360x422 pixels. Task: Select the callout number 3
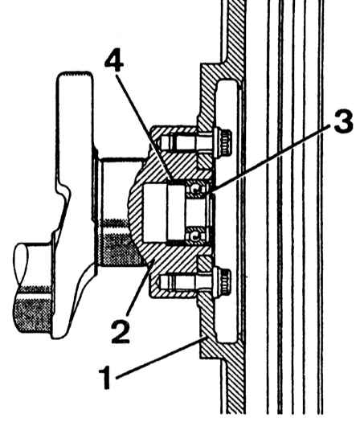coord(343,121)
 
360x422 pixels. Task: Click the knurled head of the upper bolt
coord(225,142)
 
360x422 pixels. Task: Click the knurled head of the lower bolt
coord(225,282)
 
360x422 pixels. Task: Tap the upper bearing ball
coord(197,188)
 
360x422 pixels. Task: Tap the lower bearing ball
coord(195,236)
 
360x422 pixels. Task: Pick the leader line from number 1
coord(159,358)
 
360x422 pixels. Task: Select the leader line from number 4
coord(144,129)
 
